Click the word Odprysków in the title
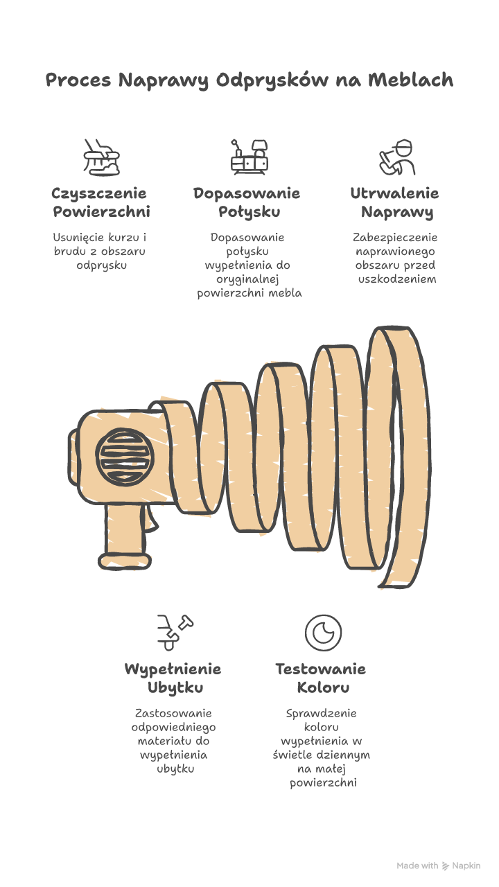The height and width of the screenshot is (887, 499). (x=272, y=81)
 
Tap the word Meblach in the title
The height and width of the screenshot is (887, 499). (x=411, y=80)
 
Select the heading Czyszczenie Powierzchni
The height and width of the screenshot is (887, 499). (x=101, y=202)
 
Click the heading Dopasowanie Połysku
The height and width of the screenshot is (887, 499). (x=247, y=202)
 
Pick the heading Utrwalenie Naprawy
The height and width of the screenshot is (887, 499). (x=395, y=202)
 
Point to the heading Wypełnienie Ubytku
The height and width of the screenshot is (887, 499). (x=173, y=678)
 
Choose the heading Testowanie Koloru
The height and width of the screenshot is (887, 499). (x=321, y=678)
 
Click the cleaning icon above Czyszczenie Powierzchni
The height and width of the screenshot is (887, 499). (x=101, y=157)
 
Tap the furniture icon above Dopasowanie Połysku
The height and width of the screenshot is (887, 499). (x=249, y=157)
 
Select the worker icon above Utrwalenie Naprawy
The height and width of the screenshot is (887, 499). (x=397, y=157)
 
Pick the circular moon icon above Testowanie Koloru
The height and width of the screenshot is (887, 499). (x=323, y=633)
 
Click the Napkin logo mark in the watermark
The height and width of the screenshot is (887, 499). (x=446, y=866)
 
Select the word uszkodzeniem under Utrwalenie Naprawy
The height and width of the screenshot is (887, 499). (x=397, y=279)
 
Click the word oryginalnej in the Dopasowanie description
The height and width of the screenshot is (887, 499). (x=247, y=279)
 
